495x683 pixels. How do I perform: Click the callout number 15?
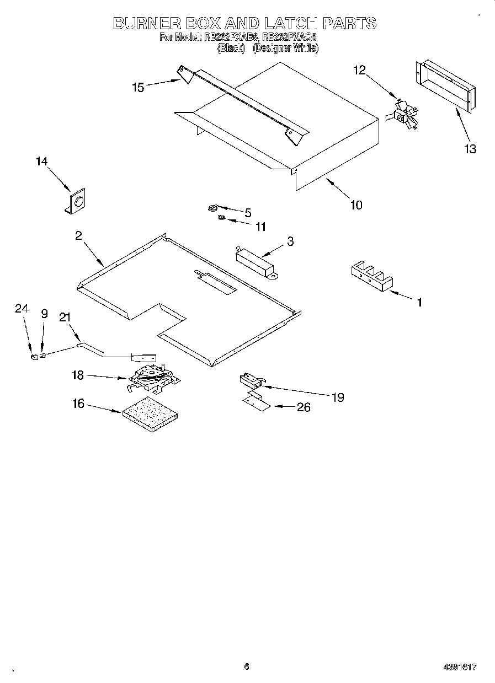(x=137, y=87)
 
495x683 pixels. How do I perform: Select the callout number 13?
(x=470, y=149)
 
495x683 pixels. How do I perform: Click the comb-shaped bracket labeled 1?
(x=371, y=276)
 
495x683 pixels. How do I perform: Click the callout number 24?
(x=21, y=310)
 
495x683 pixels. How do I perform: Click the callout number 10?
(x=356, y=205)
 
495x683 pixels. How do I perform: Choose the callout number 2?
(x=78, y=236)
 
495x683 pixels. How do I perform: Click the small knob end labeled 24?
(x=34, y=357)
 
